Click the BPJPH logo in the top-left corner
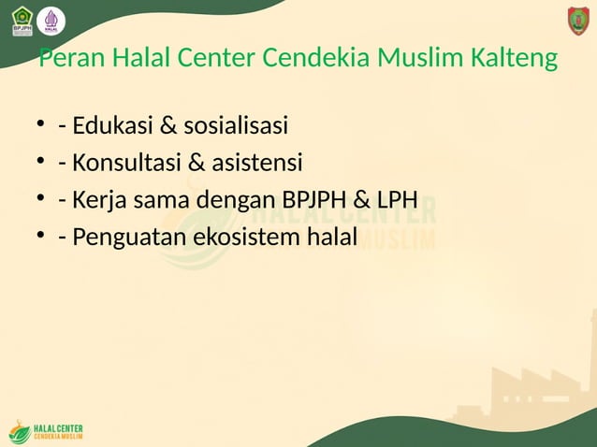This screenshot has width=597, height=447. (22, 21)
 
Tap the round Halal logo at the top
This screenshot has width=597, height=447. (51, 21)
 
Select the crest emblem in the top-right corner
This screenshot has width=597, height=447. (578, 21)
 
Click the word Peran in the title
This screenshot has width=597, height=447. (72, 59)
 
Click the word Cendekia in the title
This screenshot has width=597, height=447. (316, 59)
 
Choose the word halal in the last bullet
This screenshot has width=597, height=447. (332, 238)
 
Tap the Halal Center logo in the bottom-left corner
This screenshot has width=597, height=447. (46, 432)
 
